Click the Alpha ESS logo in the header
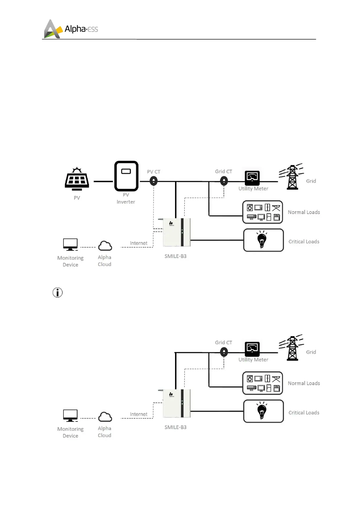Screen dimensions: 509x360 click(x=71, y=29)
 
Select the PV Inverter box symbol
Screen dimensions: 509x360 click(x=126, y=176)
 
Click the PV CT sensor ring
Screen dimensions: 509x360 click(x=154, y=181)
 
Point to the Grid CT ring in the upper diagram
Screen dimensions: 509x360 click(x=224, y=181)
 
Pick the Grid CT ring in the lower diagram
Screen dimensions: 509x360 click(x=224, y=352)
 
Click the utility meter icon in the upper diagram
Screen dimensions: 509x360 click(x=252, y=178)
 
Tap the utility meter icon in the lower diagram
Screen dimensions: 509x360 click(x=252, y=349)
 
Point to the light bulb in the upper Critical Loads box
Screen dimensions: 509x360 click(x=262, y=240)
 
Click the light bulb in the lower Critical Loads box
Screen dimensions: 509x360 click(x=262, y=411)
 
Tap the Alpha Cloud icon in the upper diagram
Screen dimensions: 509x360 click(x=105, y=246)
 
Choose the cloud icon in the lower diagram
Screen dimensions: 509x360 click(x=105, y=417)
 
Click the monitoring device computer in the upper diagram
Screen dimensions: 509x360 click(x=70, y=245)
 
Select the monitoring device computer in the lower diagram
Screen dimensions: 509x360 click(x=70, y=416)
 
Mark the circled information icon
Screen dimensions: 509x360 click(x=57, y=292)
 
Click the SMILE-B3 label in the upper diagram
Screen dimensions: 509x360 click(x=175, y=256)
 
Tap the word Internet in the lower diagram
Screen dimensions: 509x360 click(x=138, y=414)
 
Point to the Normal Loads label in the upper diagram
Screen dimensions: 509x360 click(x=304, y=212)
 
